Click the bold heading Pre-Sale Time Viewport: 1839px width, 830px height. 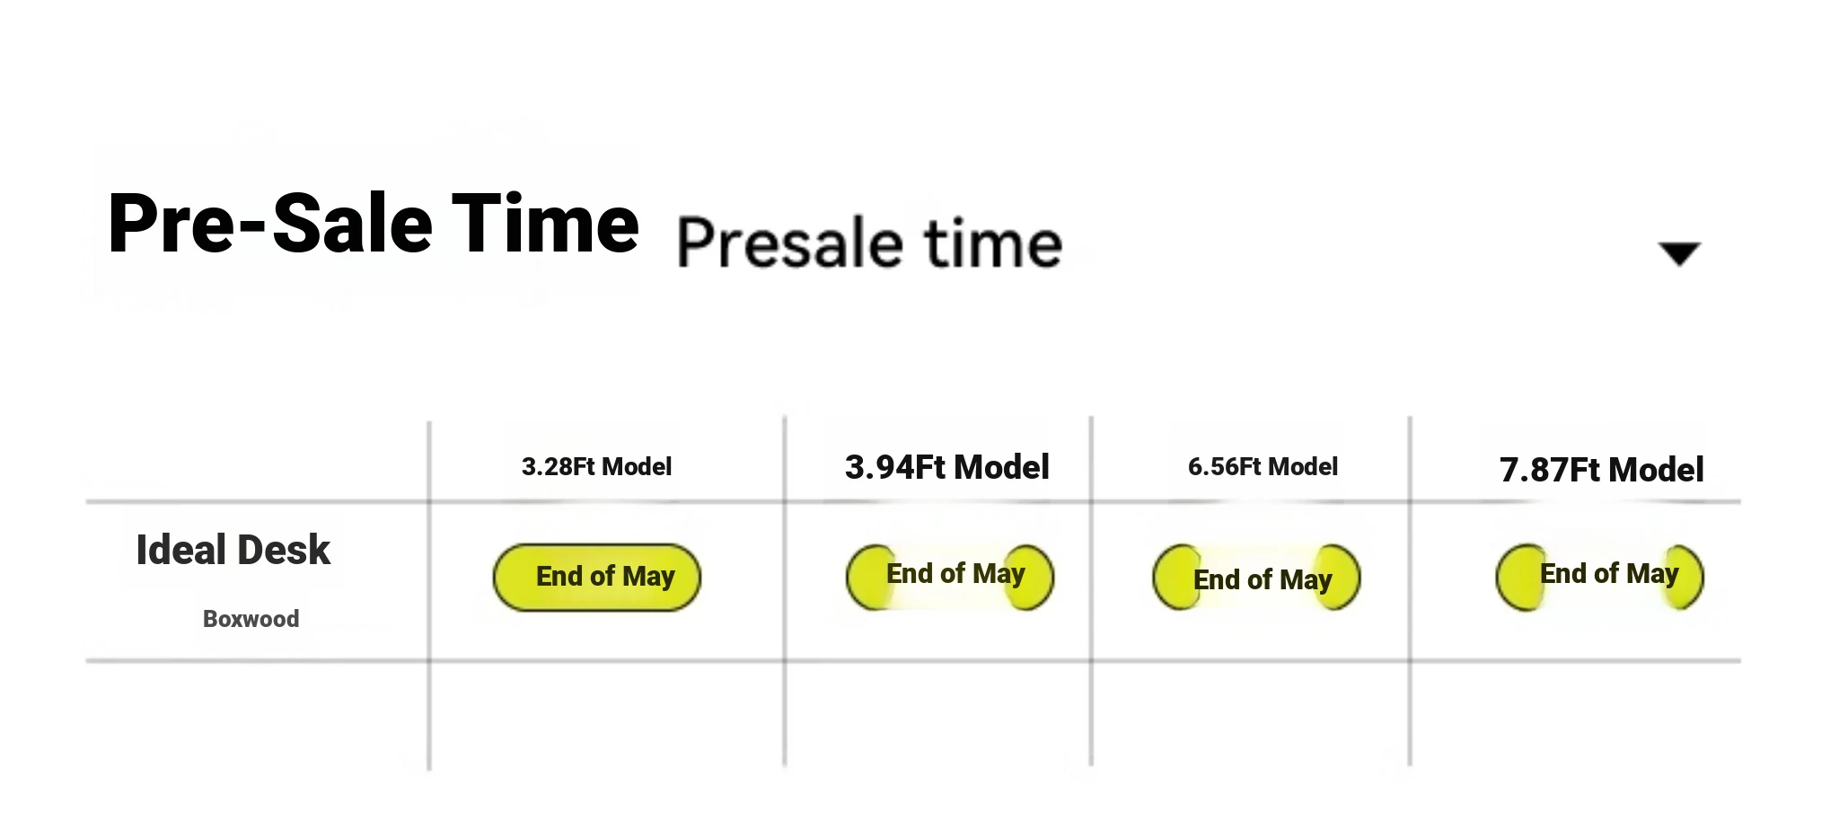coord(374,224)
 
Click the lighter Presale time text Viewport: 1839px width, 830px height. coord(869,243)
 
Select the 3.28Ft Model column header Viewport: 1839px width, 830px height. coord(596,467)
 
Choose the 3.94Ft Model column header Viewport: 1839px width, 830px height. coord(947,467)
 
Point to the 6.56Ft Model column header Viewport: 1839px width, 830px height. coord(1263,467)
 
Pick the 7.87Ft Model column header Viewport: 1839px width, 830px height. coord(1602,470)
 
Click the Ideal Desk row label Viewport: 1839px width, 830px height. coord(233,550)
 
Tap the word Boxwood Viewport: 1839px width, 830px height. coord(251,619)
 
